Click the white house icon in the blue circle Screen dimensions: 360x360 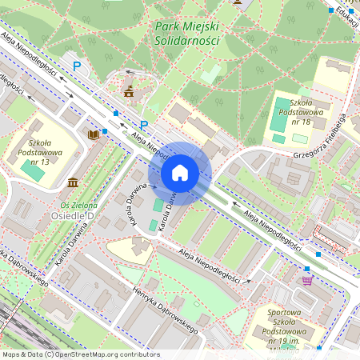(x=179, y=172)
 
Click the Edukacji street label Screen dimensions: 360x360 (x=346, y=14)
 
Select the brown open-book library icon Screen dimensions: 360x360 (x=93, y=134)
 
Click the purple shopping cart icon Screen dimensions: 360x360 (x=307, y=280)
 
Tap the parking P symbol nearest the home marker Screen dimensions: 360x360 (x=144, y=125)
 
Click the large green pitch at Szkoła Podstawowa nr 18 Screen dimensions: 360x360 (x=283, y=107)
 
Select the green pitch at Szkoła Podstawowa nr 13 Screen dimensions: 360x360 (x=33, y=170)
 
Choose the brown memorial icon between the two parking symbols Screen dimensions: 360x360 (x=128, y=93)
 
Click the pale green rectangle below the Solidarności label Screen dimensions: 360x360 (x=211, y=73)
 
